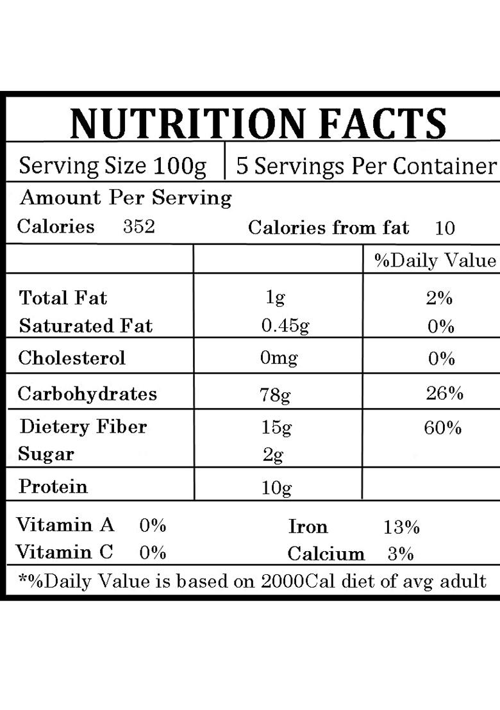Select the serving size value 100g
point(179,167)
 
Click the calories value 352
point(139,227)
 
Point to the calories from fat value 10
point(444,228)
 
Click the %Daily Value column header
point(435,261)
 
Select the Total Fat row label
point(63,298)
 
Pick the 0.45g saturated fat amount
point(285,326)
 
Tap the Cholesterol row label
point(72,358)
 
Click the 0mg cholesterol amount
point(279,358)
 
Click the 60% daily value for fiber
point(443,427)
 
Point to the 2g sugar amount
point(273,455)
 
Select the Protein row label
point(53,486)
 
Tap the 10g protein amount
point(276,488)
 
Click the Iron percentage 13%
point(402,527)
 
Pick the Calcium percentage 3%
point(401,554)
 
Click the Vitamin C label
point(64,552)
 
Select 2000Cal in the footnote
point(300,582)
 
